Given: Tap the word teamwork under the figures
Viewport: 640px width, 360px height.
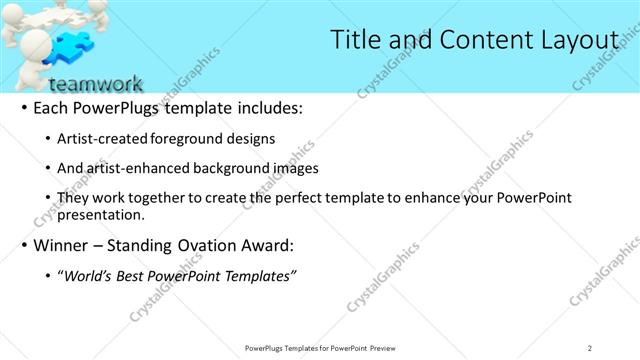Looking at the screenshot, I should [95, 84].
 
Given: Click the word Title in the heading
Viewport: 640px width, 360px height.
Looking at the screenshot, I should [355, 39].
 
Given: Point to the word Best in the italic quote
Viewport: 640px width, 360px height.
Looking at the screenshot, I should [135, 275].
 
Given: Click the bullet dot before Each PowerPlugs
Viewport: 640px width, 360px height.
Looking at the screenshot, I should [24, 108].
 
